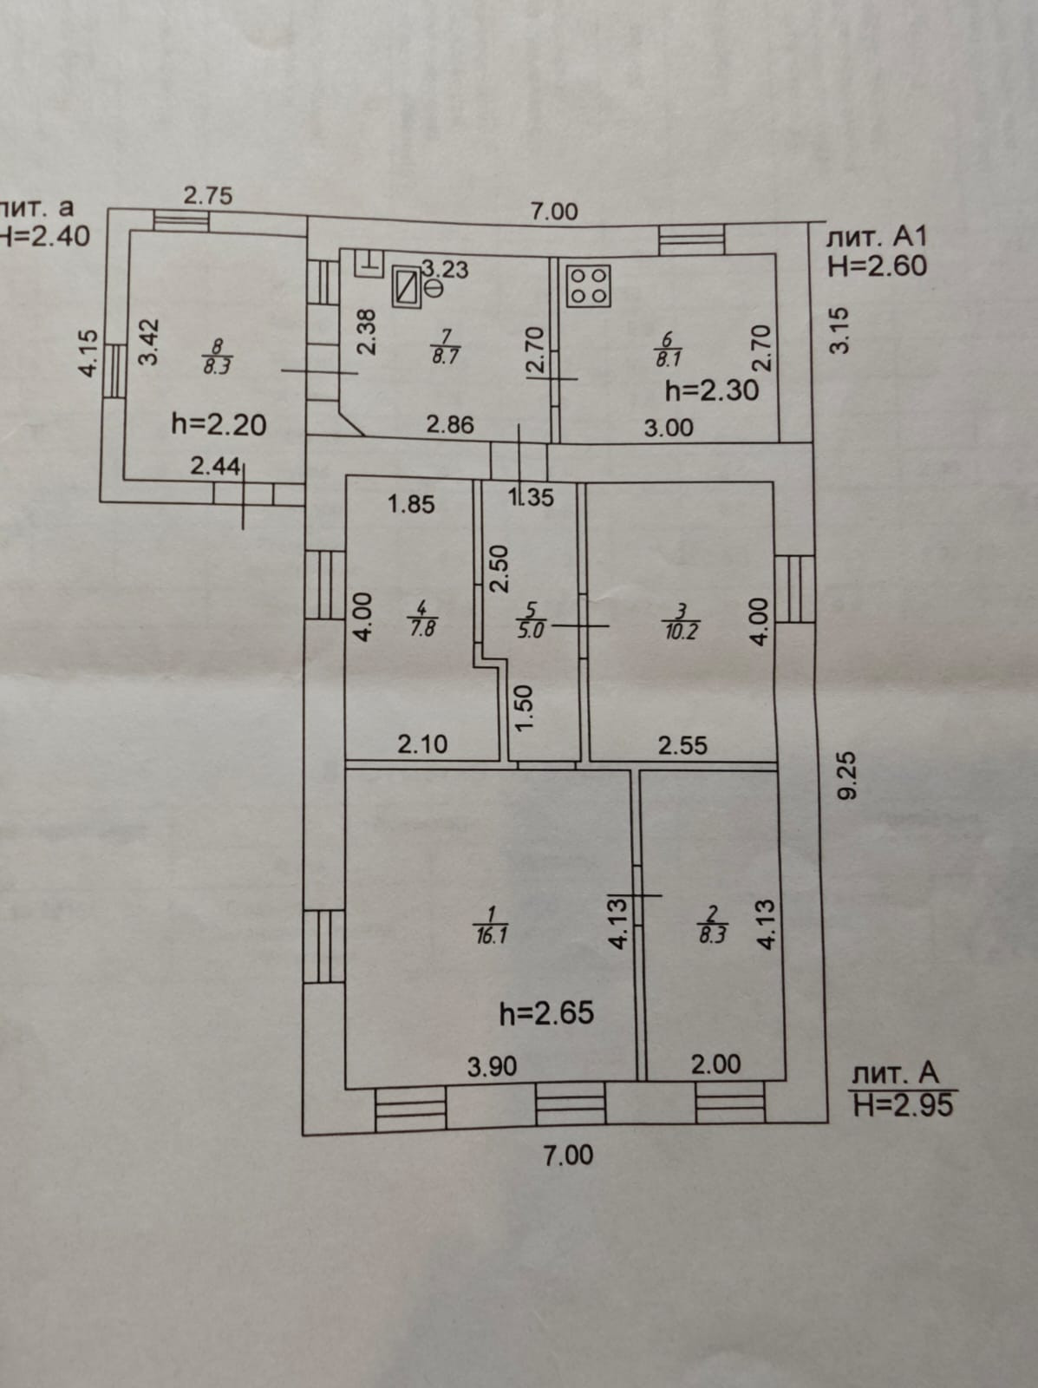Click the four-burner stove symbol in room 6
589,285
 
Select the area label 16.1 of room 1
491,936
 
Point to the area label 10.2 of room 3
681,632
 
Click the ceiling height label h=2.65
547,1012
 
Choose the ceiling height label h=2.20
219,424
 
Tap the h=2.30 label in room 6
711,390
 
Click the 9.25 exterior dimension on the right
846,775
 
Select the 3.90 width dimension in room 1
493,1065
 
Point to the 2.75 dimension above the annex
208,195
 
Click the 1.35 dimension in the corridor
531,497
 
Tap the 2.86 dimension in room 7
450,424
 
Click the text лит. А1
878,236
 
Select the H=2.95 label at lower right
903,1104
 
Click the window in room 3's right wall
793,589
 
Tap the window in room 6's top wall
691,239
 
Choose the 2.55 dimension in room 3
682,745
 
